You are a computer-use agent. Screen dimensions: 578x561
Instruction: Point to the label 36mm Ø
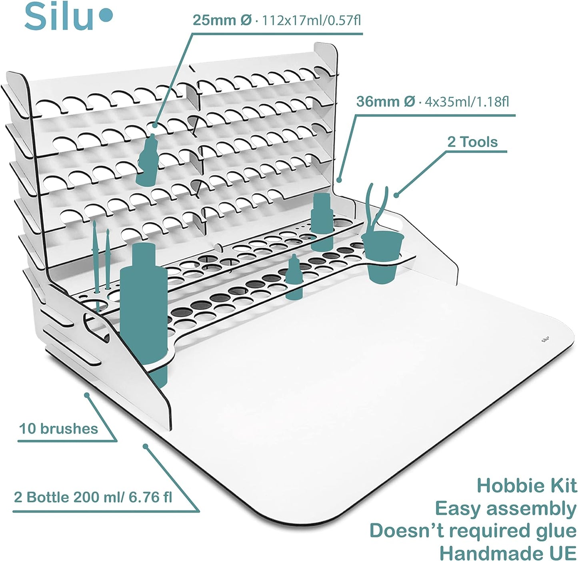385,102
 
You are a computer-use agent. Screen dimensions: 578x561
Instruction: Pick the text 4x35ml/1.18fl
467,102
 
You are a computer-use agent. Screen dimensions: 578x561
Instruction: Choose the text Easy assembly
506,509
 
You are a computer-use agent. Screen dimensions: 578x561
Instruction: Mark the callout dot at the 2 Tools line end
396,195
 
